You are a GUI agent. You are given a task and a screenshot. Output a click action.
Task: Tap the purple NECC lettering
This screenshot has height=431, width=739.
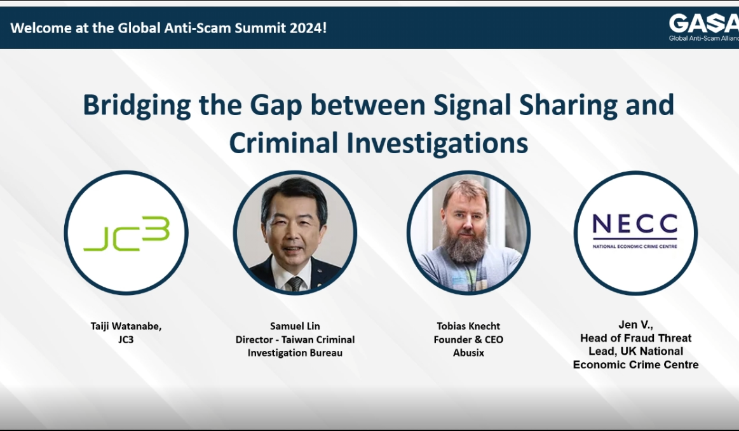[x=635, y=225]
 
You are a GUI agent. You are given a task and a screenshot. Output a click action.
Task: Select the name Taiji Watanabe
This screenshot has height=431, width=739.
[x=126, y=326]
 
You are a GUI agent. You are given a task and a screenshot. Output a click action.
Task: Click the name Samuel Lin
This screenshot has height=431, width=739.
[x=295, y=326]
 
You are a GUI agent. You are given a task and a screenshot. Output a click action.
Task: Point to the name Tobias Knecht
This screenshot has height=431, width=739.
[x=468, y=326]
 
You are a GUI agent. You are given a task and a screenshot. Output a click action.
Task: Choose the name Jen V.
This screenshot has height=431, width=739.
[x=636, y=325]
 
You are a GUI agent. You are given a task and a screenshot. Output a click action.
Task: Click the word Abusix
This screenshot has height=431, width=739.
[x=468, y=353]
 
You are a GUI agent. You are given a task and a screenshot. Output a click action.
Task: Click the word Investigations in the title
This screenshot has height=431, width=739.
[x=437, y=143]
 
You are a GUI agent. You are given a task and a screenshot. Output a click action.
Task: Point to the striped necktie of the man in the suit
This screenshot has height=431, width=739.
[x=295, y=283]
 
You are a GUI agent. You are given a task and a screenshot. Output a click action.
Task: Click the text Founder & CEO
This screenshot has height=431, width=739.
[x=468, y=339]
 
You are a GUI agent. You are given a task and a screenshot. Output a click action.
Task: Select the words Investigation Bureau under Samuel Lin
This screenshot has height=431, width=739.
[x=295, y=353]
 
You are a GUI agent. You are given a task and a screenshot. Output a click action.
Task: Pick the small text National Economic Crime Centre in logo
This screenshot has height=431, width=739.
[x=635, y=246]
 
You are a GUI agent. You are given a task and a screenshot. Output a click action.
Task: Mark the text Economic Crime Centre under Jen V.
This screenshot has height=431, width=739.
[x=635, y=365]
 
